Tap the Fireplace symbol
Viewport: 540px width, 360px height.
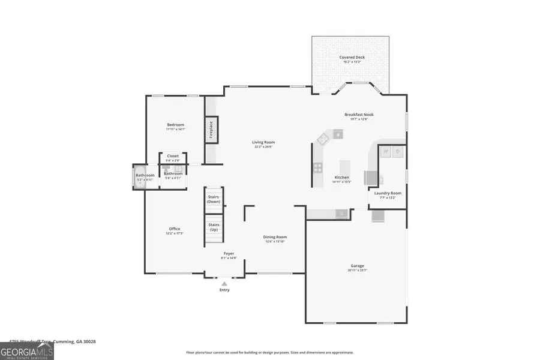(211, 130)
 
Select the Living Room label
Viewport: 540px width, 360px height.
(263, 142)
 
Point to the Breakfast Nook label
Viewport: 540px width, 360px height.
(359, 115)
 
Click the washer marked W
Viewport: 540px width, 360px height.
(385, 152)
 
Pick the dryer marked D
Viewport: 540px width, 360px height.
(398, 152)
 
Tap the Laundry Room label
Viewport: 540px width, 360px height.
(388, 193)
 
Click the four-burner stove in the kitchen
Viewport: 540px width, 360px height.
(317, 167)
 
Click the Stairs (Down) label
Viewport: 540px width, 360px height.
(214, 199)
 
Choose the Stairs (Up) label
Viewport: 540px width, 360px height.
(214, 227)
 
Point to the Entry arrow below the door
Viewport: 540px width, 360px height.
(224, 283)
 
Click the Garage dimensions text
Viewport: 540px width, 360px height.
(358, 271)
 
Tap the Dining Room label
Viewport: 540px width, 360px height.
(275, 237)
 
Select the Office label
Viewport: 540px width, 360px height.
(175, 229)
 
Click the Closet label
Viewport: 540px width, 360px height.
(173, 156)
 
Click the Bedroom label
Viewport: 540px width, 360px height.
(176, 125)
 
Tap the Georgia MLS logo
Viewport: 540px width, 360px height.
(27, 350)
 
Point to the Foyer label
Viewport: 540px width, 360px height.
(229, 254)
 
